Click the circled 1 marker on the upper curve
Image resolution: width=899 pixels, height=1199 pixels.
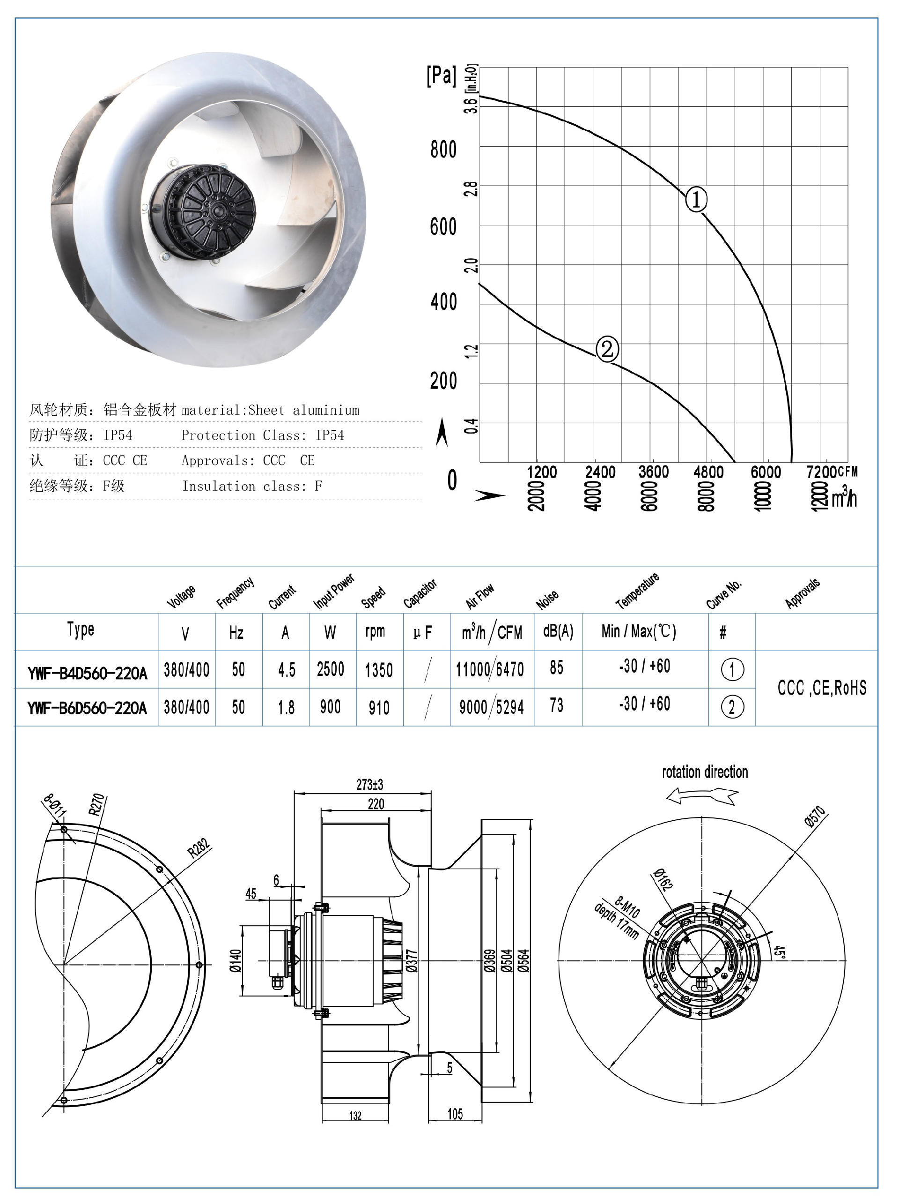696,200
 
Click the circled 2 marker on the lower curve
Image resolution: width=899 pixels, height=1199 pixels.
607,349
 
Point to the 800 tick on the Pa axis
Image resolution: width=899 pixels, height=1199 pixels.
443,150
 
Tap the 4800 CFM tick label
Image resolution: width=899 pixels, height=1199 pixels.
708,472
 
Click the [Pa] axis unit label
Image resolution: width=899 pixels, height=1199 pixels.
442,75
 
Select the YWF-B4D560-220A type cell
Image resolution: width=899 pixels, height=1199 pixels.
87,673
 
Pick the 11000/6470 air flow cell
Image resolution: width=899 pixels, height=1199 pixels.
490,670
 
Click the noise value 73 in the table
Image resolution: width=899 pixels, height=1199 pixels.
556,705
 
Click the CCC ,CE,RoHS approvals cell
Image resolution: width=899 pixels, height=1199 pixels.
822,688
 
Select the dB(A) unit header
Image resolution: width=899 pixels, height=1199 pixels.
558,631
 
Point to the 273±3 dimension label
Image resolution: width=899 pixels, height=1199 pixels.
369,784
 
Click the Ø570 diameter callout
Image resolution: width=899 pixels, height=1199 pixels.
815,817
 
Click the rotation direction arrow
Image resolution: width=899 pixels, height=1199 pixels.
702,796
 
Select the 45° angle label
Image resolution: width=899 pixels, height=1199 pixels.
779,952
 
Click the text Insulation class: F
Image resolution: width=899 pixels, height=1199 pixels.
252,486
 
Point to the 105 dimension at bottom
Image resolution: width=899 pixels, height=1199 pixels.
455,1113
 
